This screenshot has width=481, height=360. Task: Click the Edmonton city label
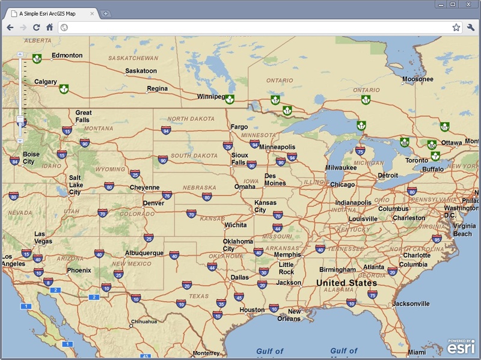click(67, 56)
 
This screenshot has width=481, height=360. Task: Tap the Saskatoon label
click(141, 71)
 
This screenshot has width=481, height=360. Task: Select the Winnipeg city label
click(210, 96)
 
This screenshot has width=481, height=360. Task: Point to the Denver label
click(153, 203)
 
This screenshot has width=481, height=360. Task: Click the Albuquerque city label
click(144, 253)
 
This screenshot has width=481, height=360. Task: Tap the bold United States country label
click(346, 282)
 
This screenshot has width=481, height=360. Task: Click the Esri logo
click(461, 347)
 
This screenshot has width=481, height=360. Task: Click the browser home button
click(49, 27)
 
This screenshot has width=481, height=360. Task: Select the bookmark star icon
click(456, 27)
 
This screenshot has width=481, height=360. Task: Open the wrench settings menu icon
click(470, 27)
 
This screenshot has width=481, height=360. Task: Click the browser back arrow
click(10, 27)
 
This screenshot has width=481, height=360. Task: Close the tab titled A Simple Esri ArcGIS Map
click(92, 13)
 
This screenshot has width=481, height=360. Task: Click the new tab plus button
click(106, 13)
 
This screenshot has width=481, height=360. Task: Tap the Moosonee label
click(417, 79)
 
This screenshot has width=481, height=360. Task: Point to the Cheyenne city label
click(144, 188)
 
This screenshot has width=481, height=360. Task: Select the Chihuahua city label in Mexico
click(144, 322)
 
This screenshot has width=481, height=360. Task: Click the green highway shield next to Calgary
click(63, 90)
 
